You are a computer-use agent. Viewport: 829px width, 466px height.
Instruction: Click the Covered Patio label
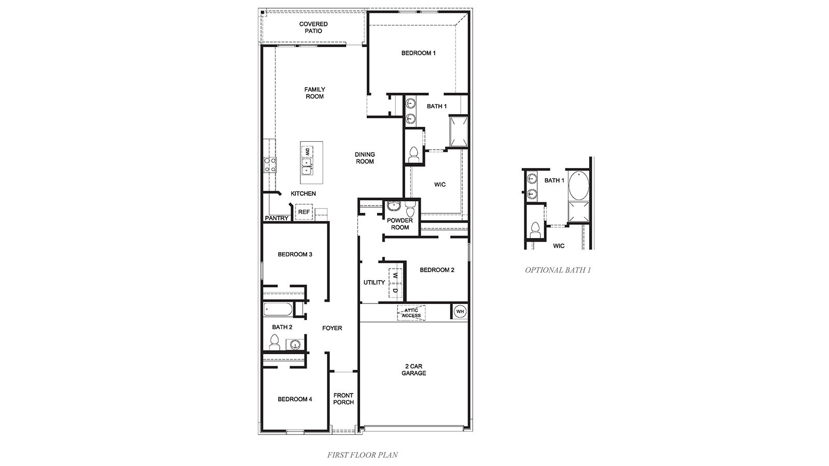coord(313,27)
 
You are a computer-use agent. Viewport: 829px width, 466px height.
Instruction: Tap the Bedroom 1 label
coord(418,53)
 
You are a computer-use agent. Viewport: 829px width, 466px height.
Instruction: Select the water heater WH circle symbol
coord(460,312)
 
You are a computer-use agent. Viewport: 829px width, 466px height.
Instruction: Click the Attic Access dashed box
coord(411,313)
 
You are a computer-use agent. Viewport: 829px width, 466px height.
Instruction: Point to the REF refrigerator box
coord(304,212)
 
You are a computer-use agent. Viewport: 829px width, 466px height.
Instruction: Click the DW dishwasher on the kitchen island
coord(307,152)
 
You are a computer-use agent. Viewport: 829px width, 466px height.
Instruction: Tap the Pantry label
coord(277,219)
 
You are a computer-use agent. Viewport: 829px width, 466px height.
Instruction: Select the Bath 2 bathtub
coord(277,310)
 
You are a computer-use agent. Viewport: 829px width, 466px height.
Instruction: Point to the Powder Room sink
coord(393,207)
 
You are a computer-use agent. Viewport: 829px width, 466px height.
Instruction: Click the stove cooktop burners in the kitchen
coord(269,165)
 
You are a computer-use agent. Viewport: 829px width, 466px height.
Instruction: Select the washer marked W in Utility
coord(395,275)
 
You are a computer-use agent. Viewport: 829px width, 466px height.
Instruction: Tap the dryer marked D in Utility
coord(395,291)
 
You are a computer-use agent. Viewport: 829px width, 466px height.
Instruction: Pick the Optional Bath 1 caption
coord(558,270)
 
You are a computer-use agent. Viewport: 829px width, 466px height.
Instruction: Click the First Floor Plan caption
coord(362,455)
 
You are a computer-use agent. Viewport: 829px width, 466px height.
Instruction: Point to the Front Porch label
coord(344,399)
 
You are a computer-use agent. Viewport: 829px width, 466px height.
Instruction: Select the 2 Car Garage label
coord(413,370)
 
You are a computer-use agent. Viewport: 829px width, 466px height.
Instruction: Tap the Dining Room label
coord(365,158)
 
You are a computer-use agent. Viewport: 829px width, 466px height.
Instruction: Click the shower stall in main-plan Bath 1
coord(459,132)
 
